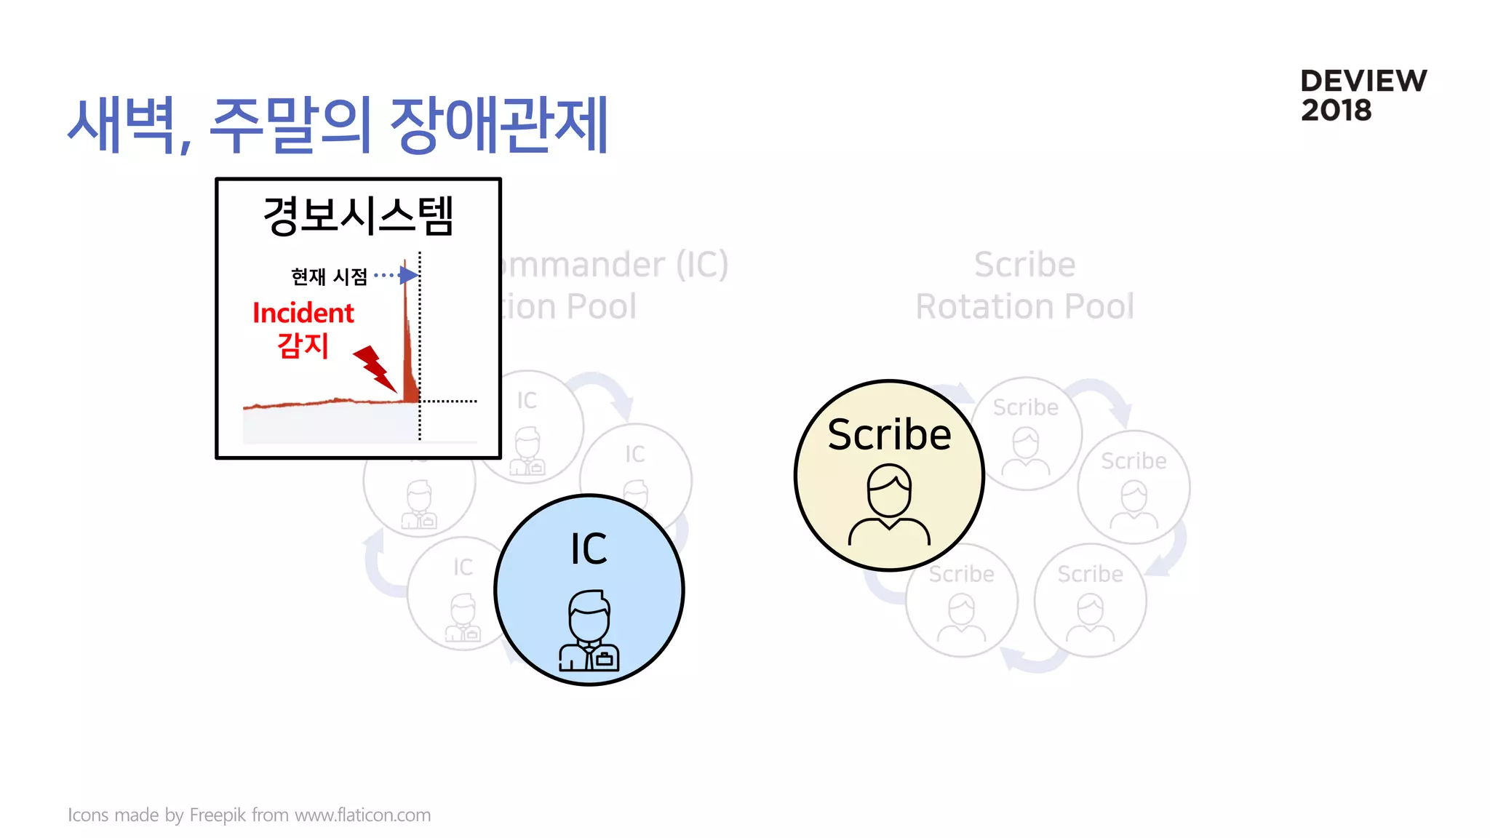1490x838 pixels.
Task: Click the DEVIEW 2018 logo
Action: pyautogui.click(x=1363, y=95)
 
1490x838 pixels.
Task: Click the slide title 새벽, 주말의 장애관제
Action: pyautogui.click(x=338, y=125)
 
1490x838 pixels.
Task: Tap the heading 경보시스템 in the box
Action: pyautogui.click(x=358, y=216)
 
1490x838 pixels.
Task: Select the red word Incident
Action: pyautogui.click(x=303, y=313)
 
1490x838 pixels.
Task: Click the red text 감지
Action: pyautogui.click(x=303, y=346)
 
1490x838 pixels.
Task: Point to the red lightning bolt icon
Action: pyautogui.click(x=375, y=368)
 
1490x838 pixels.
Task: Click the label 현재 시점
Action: pyautogui.click(x=329, y=276)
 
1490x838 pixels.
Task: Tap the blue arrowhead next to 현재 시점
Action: pyautogui.click(x=409, y=275)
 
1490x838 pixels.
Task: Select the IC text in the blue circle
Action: pyautogui.click(x=589, y=548)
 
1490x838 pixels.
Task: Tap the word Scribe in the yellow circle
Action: pyautogui.click(x=889, y=435)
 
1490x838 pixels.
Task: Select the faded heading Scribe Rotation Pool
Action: pyautogui.click(x=1024, y=285)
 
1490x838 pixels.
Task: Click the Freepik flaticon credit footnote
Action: pyautogui.click(x=249, y=815)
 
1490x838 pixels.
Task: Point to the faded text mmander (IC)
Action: pyautogui.click(x=615, y=264)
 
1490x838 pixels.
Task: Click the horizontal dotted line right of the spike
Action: pyautogui.click(x=449, y=401)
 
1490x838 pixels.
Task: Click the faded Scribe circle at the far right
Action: pyautogui.click(x=1134, y=486)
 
